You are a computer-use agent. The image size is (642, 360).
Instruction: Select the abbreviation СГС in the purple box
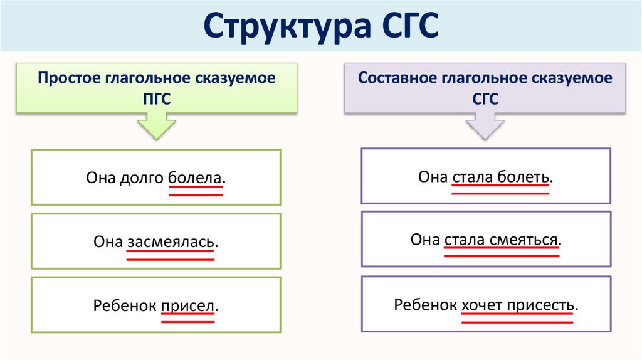click(x=485, y=99)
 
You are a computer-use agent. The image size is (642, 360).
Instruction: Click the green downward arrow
click(x=156, y=125)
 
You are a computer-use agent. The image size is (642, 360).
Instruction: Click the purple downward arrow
click(x=486, y=125)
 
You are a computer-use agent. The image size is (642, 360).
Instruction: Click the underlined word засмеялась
click(x=171, y=241)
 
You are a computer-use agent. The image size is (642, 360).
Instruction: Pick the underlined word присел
click(x=188, y=306)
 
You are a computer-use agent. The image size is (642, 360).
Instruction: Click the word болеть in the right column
click(x=524, y=177)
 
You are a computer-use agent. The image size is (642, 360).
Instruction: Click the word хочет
click(x=483, y=305)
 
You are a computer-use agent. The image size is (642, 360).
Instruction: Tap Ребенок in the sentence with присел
click(x=125, y=306)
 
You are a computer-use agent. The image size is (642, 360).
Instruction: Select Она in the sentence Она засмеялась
click(x=107, y=241)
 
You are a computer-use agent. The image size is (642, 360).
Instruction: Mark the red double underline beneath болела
click(x=195, y=192)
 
